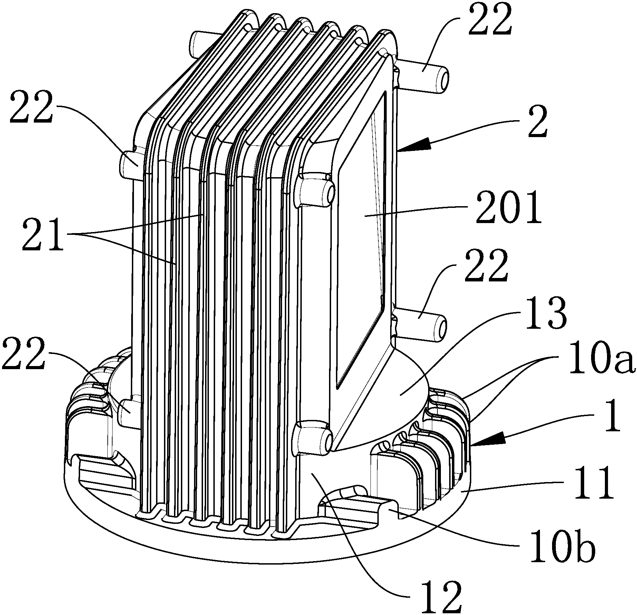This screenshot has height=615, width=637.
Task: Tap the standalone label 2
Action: click(535, 123)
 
